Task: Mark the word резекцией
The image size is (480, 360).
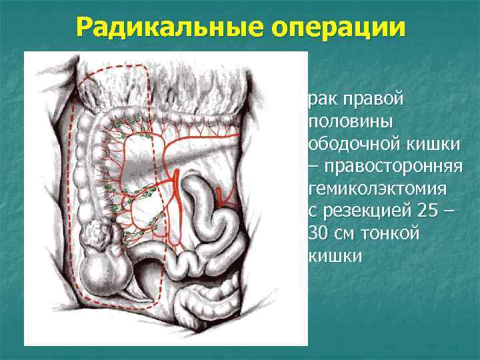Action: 363,211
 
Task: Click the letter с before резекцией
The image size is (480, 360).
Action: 313,212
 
